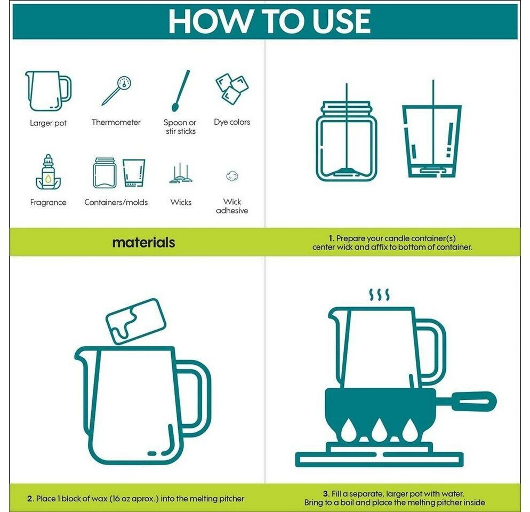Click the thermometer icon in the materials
[x=117, y=90]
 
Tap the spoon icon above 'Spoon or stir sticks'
[x=181, y=91]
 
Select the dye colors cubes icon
[x=232, y=88]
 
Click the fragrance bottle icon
[x=49, y=172]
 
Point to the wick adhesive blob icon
[x=232, y=176]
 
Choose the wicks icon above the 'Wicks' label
[x=181, y=173]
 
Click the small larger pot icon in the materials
[x=49, y=91]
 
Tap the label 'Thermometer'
[x=116, y=122]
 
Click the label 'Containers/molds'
[x=116, y=202]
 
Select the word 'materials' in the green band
[x=143, y=243]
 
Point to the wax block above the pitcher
[x=135, y=321]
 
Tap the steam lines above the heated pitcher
[x=379, y=295]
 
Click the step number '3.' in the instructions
[x=326, y=494]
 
